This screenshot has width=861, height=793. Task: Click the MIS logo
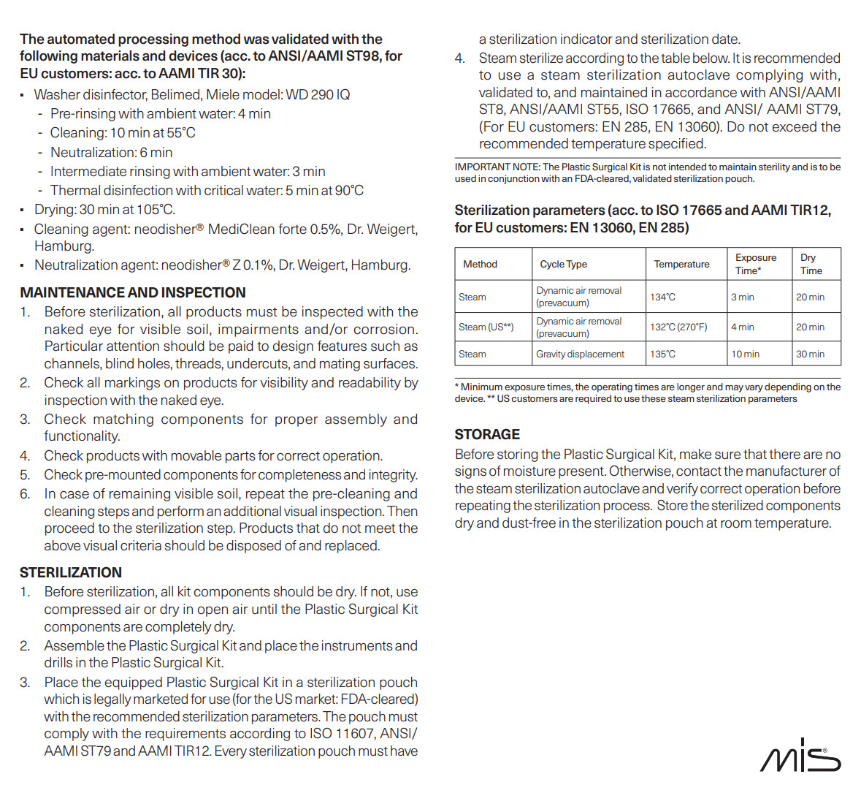(800, 756)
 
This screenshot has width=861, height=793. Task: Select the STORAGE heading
(487, 434)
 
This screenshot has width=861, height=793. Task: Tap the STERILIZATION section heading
(71, 572)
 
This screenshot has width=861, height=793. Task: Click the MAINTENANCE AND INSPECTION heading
(133, 292)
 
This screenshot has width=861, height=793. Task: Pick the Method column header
(480, 264)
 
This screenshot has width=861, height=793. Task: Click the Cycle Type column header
(563, 264)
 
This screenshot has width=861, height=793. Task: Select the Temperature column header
(681, 264)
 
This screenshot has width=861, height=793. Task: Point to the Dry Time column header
(811, 264)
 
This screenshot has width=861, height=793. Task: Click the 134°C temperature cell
(662, 297)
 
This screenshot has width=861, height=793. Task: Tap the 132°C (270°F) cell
(678, 327)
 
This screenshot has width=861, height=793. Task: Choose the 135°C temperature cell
(662, 354)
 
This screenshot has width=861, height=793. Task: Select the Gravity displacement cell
(580, 354)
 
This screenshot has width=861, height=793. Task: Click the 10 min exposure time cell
(745, 354)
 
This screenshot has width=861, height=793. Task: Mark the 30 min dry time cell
(810, 354)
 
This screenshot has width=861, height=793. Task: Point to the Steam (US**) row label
(486, 327)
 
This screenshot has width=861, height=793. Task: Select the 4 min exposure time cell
(743, 327)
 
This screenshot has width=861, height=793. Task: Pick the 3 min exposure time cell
(743, 297)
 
